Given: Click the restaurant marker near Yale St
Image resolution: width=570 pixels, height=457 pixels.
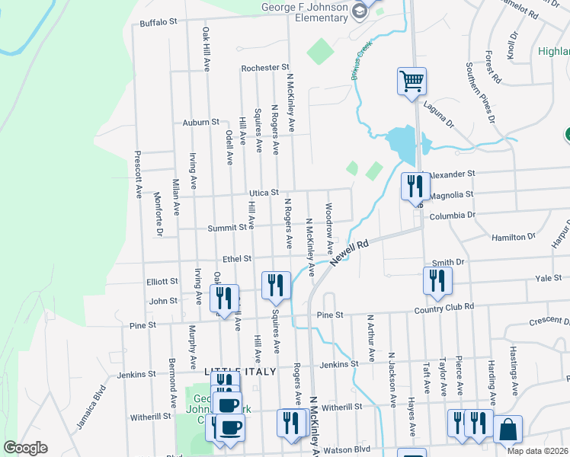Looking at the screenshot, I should [x=438, y=280].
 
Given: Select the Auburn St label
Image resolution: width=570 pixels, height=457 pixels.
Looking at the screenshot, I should [x=201, y=122].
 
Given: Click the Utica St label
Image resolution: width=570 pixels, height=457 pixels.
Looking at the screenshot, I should [x=263, y=193].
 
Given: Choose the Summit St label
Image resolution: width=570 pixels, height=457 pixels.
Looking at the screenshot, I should [x=230, y=227].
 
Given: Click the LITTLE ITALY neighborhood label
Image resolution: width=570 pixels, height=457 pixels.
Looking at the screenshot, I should [x=234, y=369].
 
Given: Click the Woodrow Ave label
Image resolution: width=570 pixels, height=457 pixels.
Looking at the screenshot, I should [x=329, y=228].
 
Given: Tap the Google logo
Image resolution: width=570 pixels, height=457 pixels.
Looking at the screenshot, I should [x=25, y=448].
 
